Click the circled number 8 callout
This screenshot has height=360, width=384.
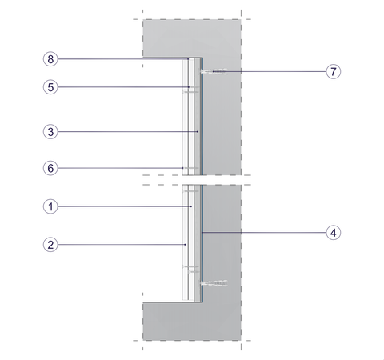50,59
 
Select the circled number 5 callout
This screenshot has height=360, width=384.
50,87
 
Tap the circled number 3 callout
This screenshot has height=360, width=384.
50,132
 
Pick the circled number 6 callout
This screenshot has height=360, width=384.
50,168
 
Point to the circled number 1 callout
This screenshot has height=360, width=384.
50,206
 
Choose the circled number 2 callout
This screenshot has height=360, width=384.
50,245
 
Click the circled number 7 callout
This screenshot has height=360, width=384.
334,71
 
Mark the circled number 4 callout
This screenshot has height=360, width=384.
334,233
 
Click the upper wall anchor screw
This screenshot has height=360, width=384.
214,71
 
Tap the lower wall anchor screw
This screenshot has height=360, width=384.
214,283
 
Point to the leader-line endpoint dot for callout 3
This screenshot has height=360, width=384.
198,132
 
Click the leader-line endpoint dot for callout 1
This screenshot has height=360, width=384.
191,206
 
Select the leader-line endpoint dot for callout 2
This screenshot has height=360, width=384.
186,245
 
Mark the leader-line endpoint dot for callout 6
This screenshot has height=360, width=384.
182,168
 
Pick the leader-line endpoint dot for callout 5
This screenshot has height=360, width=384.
189,87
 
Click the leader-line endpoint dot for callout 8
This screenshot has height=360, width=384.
188,59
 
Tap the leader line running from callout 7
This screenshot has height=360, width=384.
270,71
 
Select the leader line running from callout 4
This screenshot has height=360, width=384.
264,233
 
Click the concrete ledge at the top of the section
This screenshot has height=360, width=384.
192,38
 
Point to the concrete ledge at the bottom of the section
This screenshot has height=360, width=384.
192,322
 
